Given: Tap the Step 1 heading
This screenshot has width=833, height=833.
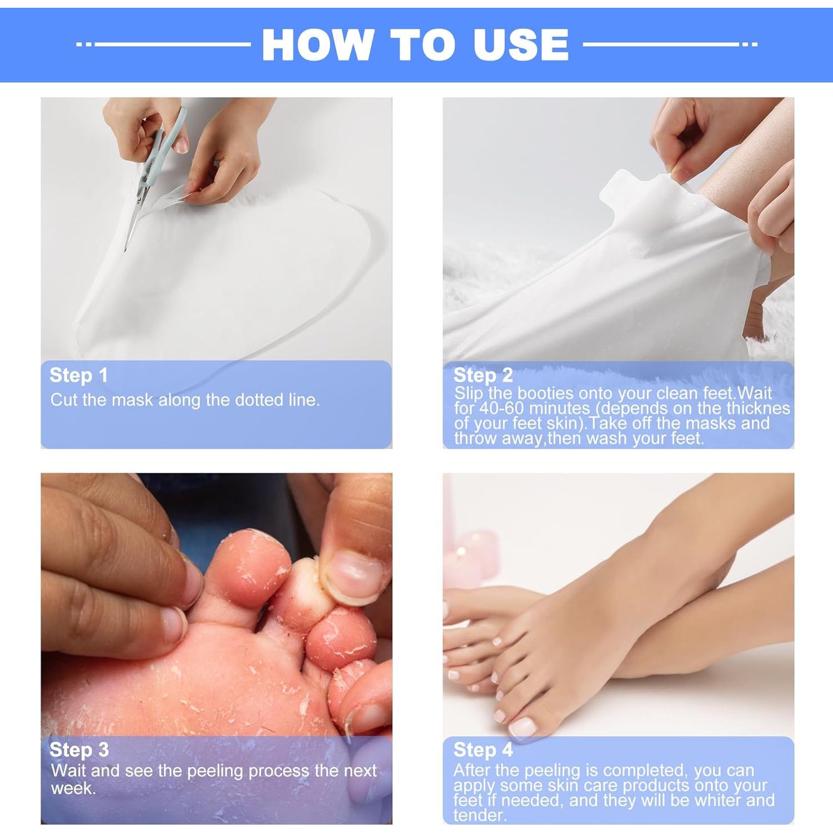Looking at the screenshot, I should pyautogui.click(x=78, y=375).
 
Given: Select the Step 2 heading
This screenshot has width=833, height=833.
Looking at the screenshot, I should pyautogui.click(x=483, y=375).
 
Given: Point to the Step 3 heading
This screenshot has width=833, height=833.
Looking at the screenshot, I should pyautogui.click(x=79, y=750).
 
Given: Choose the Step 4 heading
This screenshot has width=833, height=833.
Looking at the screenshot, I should pyautogui.click(x=483, y=750).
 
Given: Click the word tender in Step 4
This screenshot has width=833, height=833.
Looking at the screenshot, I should pyautogui.click(x=478, y=815).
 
